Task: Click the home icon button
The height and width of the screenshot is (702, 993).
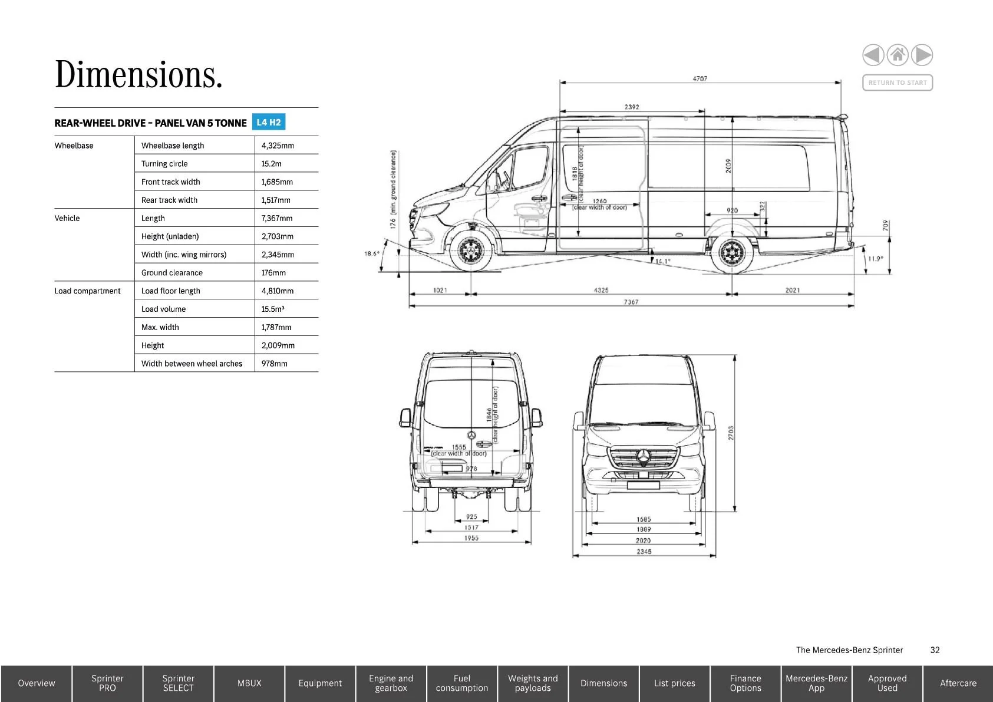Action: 898,55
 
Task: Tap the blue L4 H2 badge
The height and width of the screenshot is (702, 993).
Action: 269,123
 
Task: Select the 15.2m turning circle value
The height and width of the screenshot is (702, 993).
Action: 272,164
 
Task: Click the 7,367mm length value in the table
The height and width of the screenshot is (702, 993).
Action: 277,218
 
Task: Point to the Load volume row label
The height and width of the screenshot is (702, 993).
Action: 164,309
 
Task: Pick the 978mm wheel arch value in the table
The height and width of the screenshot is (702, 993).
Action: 275,364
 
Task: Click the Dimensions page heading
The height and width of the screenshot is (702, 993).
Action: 139,75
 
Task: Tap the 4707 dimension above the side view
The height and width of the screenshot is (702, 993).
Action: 700,78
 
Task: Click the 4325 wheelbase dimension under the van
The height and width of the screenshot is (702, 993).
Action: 601,290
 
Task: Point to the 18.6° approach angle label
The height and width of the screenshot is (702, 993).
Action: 372,253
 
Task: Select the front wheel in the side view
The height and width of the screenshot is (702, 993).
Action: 471,252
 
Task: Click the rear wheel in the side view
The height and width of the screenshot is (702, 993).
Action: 732,253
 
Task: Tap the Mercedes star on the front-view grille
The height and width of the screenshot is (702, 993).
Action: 644,457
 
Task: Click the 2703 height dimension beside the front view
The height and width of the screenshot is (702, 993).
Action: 731,433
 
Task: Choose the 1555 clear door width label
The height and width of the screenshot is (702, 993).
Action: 459,447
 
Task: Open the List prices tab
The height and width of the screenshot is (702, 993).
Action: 675,683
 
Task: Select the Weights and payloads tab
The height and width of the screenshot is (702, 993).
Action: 533,683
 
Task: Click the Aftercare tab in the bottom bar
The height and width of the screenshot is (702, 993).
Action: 958,683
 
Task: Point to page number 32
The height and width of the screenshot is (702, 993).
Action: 935,650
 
